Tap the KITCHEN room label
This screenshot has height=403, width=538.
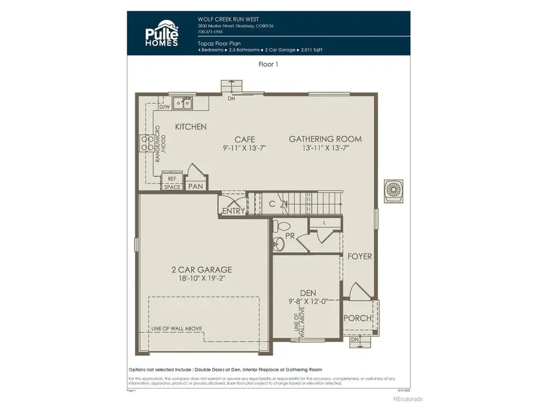[x=191, y=127]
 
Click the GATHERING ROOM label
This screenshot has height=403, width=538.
[x=325, y=139]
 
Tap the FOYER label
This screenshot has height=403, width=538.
[x=360, y=257]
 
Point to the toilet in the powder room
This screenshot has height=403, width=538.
[x=283, y=226]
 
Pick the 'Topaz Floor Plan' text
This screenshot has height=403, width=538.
[x=218, y=44]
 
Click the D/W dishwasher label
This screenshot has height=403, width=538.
[x=164, y=107]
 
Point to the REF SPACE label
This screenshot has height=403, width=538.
[x=172, y=183]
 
